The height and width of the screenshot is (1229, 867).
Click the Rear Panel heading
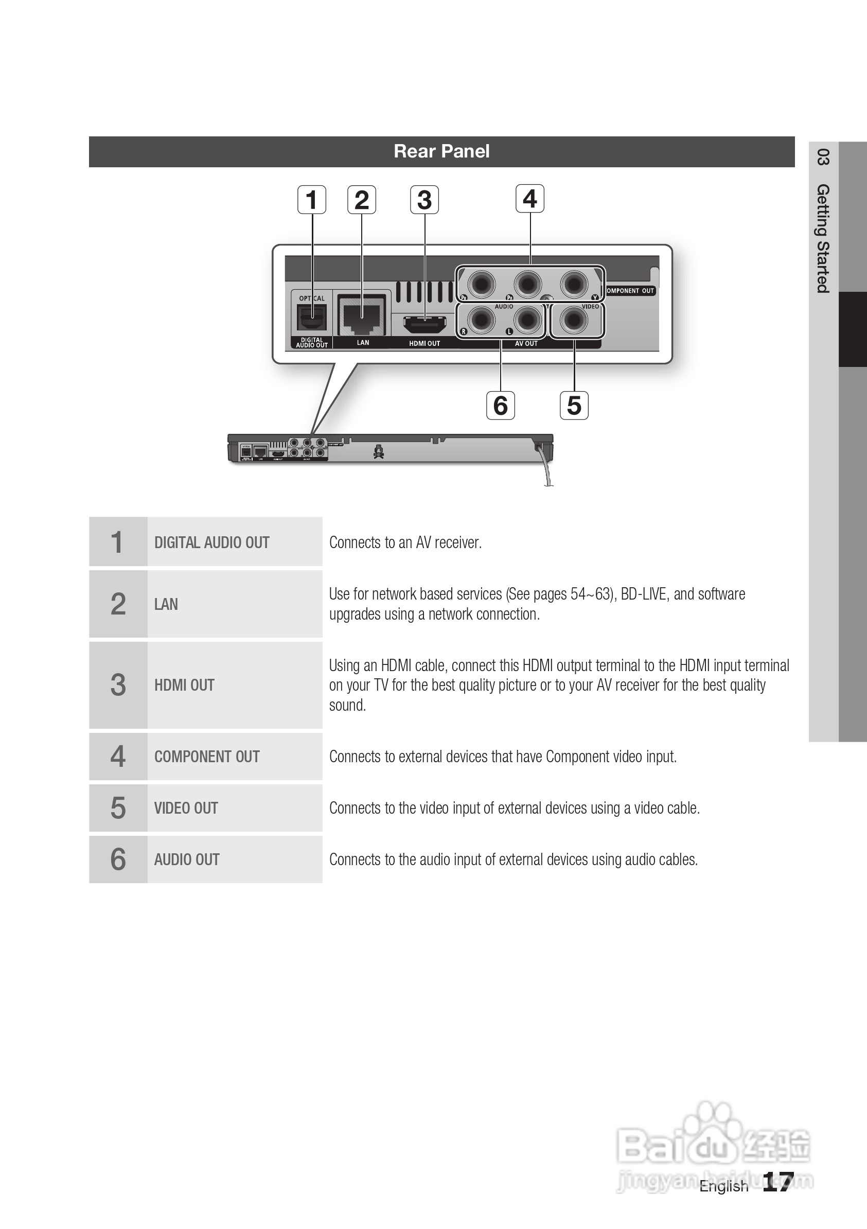click(x=441, y=151)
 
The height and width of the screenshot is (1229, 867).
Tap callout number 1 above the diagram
click(x=311, y=200)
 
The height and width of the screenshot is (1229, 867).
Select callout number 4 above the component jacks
click(x=530, y=199)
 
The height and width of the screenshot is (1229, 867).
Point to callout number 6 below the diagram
click(x=501, y=405)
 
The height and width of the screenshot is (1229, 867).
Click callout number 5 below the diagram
click(x=574, y=405)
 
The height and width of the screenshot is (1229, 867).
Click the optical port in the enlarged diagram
click(x=311, y=318)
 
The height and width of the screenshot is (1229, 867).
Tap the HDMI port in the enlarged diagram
click(x=424, y=323)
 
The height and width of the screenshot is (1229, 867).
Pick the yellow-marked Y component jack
click(x=574, y=283)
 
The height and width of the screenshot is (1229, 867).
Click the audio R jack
click(x=481, y=320)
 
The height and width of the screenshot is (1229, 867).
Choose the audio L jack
click(x=527, y=320)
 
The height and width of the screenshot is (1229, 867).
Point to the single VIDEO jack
click(x=574, y=320)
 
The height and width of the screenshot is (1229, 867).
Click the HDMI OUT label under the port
click(x=424, y=344)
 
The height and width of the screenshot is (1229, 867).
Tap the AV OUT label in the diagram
click(x=526, y=344)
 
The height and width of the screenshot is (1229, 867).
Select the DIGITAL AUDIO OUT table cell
click(x=212, y=542)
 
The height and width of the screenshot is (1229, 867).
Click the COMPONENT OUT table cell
click(x=207, y=757)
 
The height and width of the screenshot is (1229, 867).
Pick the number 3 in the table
click(x=118, y=685)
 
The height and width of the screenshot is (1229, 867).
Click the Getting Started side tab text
click(x=823, y=238)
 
